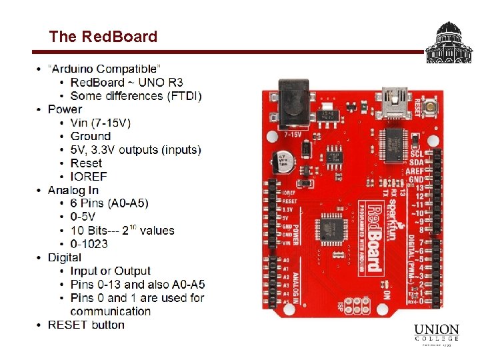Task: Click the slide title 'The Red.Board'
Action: click(103, 37)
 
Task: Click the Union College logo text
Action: click(437, 334)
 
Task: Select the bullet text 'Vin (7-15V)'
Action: click(100, 123)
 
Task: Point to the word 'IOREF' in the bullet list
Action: click(89, 177)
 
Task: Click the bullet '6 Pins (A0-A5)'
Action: click(109, 203)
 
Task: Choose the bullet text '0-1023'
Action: click(89, 244)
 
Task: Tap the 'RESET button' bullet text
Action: click(86, 325)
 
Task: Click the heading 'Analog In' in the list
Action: click(73, 190)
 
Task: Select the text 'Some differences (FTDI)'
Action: click(136, 95)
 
